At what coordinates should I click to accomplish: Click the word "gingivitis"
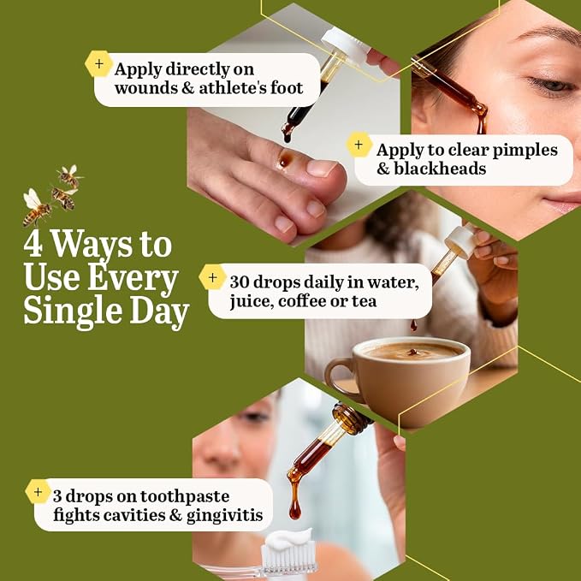[x=224, y=516]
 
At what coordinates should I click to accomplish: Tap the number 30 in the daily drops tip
[x=239, y=282]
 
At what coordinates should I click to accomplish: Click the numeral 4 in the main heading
[x=33, y=245]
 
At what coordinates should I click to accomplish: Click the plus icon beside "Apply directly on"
[x=99, y=63]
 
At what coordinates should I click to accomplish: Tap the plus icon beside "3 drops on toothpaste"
[x=39, y=492]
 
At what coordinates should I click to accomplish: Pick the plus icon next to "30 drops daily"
[x=213, y=277]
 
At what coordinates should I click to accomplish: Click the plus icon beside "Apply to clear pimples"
[x=359, y=145]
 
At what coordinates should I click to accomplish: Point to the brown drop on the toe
[x=285, y=158]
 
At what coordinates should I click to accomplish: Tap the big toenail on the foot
[x=321, y=168]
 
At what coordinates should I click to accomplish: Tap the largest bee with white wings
[x=36, y=207]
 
